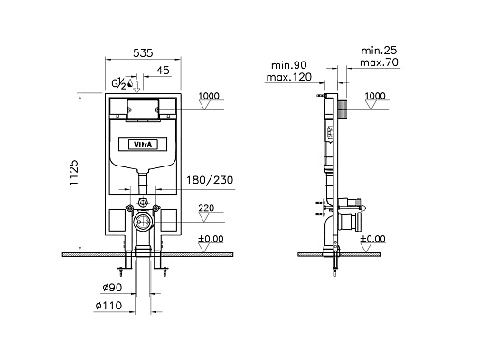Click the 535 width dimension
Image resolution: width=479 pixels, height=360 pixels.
(143, 53)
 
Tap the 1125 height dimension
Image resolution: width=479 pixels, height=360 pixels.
(74, 173)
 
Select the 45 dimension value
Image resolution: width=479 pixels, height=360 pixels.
(163, 71)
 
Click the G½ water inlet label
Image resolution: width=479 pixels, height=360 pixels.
(118, 83)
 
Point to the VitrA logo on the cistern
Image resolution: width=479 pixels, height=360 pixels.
(143, 145)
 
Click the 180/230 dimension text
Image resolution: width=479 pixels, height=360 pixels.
(210, 180)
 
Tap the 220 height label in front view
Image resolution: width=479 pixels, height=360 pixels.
(206, 208)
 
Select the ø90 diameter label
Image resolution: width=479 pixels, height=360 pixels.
(112, 288)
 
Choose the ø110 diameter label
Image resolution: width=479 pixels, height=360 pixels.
(108, 305)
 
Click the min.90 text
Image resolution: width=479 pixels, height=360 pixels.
(289, 65)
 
